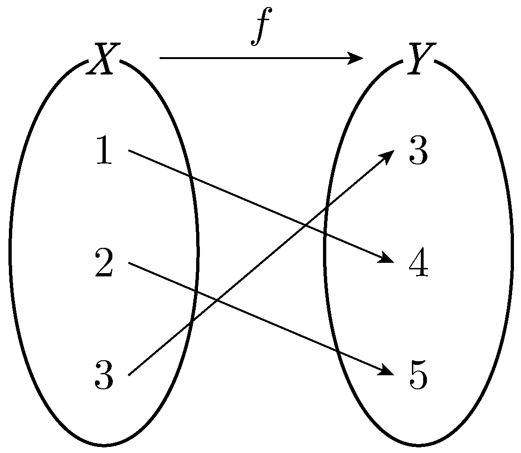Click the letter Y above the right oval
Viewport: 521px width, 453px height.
[x=421, y=59]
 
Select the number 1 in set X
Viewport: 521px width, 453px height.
[x=104, y=150]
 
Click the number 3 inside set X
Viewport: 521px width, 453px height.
[x=104, y=375]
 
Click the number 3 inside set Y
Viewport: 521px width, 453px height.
[x=418, y=150]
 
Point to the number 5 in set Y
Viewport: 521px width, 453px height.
[x=418, y=375]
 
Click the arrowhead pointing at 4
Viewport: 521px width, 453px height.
[x=387, y=258]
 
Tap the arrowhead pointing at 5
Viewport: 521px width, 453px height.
[x=387, y=371]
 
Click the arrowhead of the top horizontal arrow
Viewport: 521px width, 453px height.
[x=356, y=58]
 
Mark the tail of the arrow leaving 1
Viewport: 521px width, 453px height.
[x=129, y=150]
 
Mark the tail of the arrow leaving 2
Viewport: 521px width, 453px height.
[x=129, y=263]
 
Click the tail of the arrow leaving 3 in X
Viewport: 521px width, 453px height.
[x=129, y=375]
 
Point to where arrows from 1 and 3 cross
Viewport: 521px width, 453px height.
[x=306, y=225]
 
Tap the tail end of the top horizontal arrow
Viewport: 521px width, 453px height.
[x=160, y=58]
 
